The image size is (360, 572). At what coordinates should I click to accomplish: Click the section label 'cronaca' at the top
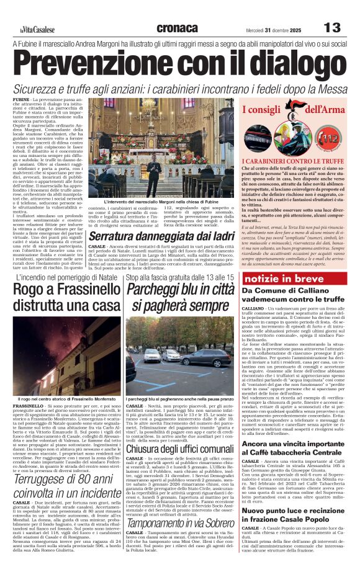pos(178,28)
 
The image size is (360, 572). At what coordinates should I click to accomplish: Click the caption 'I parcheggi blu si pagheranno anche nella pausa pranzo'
pos(179,398)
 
